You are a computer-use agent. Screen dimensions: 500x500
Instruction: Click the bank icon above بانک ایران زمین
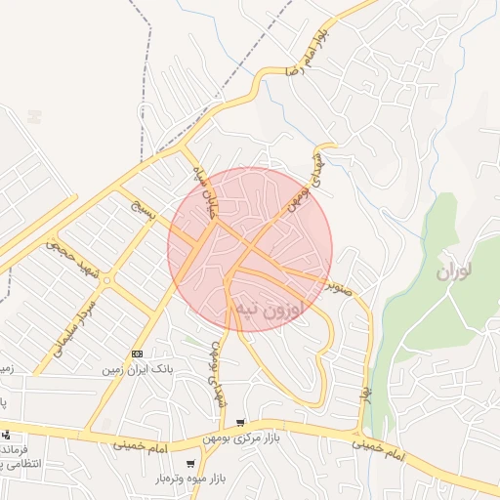click(x=136, y=354)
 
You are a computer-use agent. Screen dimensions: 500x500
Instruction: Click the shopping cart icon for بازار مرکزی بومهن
click(x=240, y=423)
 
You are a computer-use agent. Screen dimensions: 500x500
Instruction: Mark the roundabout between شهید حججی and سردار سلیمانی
click(x=106, y=280)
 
